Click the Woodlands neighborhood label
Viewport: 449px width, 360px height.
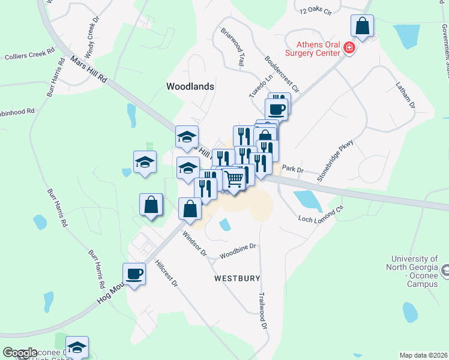pyautogui.click(x=190, y=86)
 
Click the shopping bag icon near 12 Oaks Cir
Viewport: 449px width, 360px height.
pyautogui.click(x=362, y=26)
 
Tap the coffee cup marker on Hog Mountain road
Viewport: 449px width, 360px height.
pyautogui.click(x=134, y=274)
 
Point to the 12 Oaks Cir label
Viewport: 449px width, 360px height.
pyautogui.click(x=315, y=10)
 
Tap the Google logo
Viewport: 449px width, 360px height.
pyautogui.click(x=20, y=352)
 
